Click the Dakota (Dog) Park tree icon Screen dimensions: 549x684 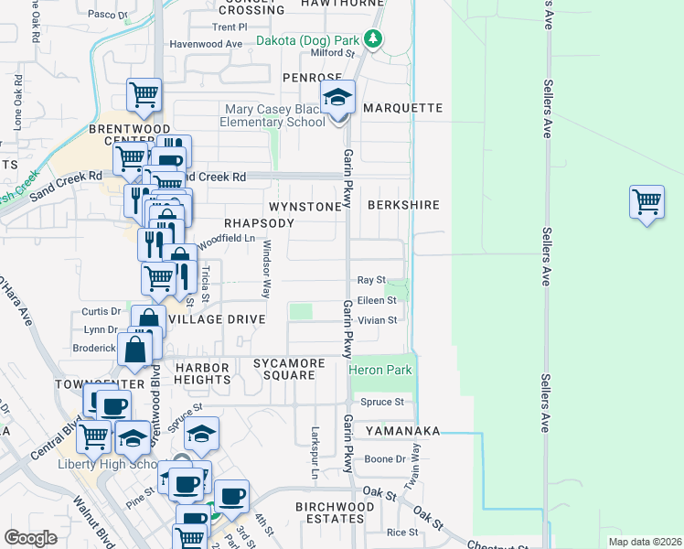coord(372,38)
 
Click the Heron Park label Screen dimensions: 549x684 coord(379,370)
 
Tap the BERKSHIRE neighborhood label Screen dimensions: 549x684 coord(403,206)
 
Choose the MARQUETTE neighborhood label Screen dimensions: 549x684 coord(402,108)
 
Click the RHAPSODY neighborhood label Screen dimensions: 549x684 coord(260,223)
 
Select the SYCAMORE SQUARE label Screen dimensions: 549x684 coord(289,370)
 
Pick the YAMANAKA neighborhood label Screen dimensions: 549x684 coord(402,431)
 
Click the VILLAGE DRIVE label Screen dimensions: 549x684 coord(217,319)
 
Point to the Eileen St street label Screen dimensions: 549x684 coord(376,299)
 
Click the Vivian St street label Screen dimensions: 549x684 coord(377,320)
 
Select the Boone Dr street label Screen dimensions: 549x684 coord(385,459)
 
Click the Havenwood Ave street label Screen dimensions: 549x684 coord(207,44)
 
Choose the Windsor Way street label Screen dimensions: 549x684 coord(267,270)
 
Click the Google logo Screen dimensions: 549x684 coord(30,538)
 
